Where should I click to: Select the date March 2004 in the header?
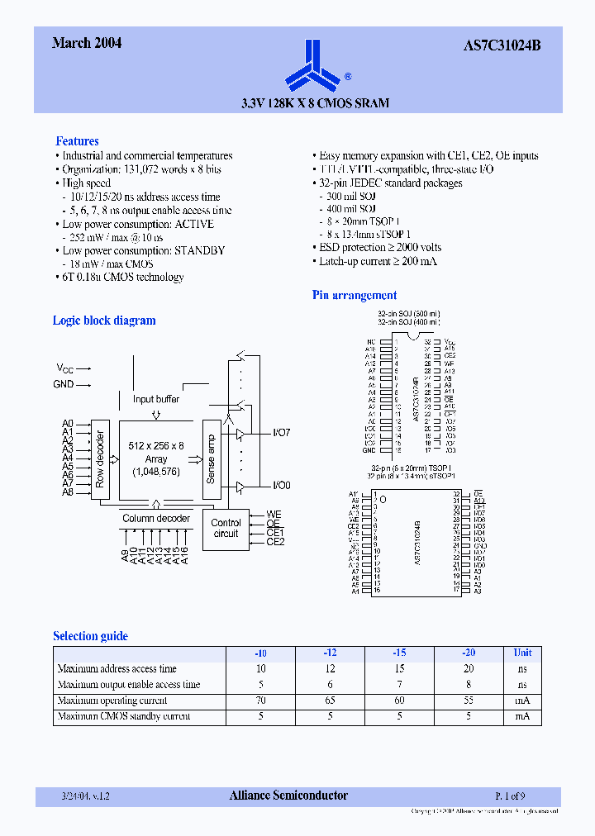[x=87, y=43]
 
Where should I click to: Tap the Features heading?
[x=77, y=141]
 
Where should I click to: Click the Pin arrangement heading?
[x=354, y=295]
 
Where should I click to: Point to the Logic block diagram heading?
[x=104, y=321]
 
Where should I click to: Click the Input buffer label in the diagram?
[x=156, y=399]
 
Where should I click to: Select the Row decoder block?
[x=100, y=458]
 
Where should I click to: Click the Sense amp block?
[x=210, y=458]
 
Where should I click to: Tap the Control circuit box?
[x=226, y=528]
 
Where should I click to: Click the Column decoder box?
[x=156, y=519]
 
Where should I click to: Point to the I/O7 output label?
[x=282, y=432]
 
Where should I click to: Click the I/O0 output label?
[x=282, y=485]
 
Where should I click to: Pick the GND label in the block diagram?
[x=64, y=384]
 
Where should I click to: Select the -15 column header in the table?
[x=399, y=653]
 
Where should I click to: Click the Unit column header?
[x=522, y=653]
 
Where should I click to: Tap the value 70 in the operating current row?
[x=261, y=701]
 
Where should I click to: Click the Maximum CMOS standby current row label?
[x=124, y=716]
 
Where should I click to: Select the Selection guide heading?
[x=90, y=636]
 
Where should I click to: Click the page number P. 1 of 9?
[x=509, y=796]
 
